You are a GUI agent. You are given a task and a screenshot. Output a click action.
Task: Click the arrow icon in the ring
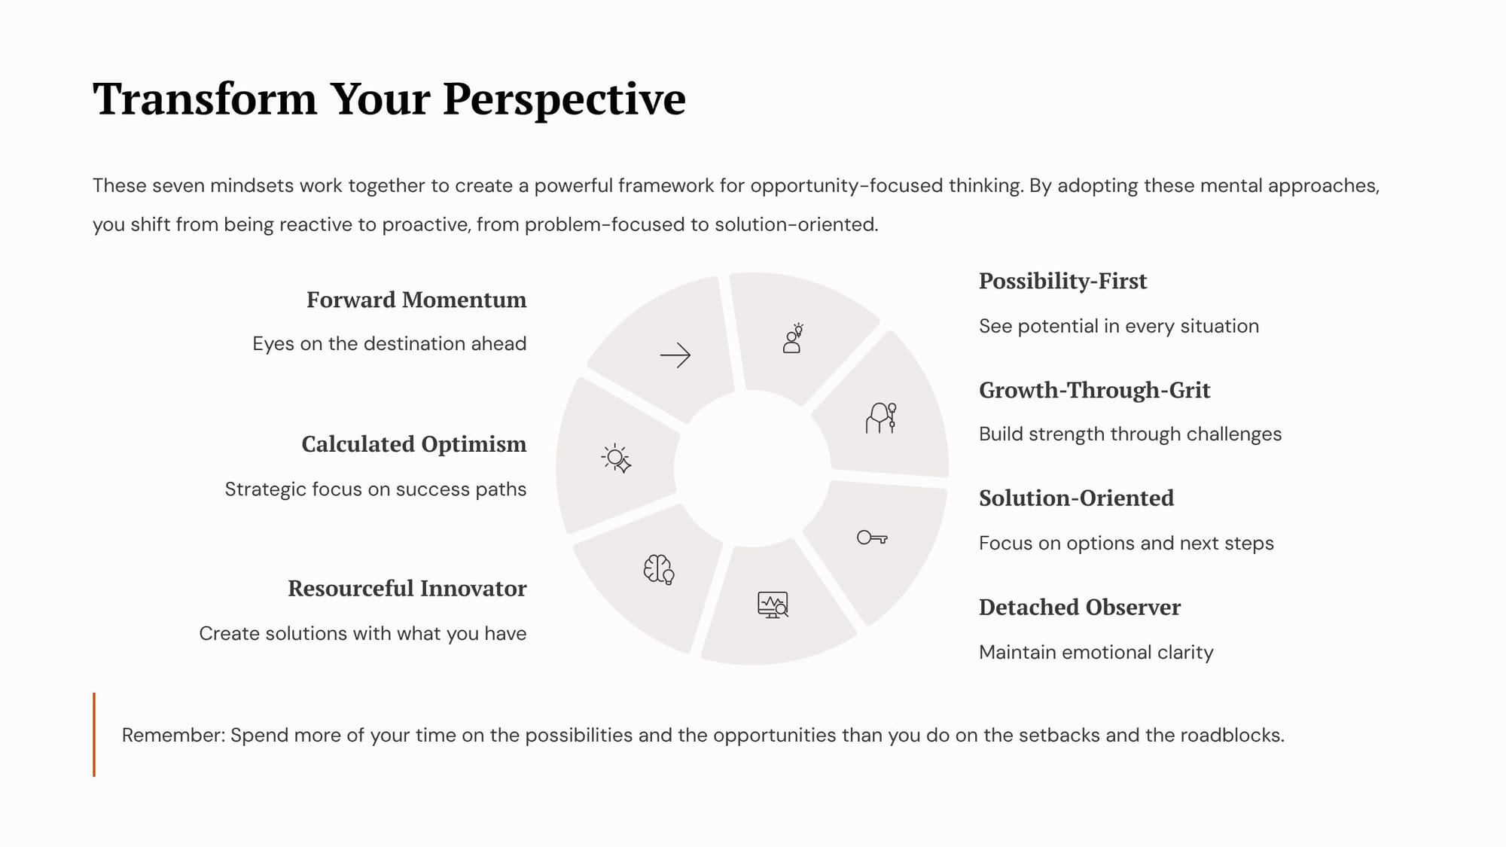click(675, 355)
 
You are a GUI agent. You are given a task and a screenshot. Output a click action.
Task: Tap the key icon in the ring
click(872, 538)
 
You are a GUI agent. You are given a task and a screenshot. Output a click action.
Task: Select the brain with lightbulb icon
click(659, 569)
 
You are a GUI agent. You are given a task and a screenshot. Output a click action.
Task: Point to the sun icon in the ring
click(616, 458)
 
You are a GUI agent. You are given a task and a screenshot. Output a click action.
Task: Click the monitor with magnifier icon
click(773, 605)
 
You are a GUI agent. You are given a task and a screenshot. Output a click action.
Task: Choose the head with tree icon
click(881, 418)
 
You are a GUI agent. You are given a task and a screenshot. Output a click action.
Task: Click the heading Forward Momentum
click(416, 300)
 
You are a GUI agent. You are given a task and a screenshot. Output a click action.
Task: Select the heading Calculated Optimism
click(414, 444)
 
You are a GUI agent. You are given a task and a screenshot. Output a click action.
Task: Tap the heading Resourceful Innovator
click(407, 588)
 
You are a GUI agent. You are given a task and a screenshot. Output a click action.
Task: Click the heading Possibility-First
click(1062, 281)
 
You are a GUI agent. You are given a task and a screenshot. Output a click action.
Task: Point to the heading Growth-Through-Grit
click(1095, 390)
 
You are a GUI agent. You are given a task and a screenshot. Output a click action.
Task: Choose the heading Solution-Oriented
click(1076, 498)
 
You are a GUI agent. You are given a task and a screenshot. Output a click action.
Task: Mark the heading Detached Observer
click(1080, 607)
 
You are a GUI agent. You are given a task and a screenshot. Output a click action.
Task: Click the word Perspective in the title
click(564, 99)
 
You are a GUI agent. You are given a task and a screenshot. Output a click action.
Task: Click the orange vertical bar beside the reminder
click(94, 734)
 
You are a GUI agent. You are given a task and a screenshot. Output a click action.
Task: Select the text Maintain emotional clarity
click(1096, 652)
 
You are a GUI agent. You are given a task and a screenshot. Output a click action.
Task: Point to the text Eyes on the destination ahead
click(389, 343)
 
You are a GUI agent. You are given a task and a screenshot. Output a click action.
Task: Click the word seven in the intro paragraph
click(181, 185)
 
